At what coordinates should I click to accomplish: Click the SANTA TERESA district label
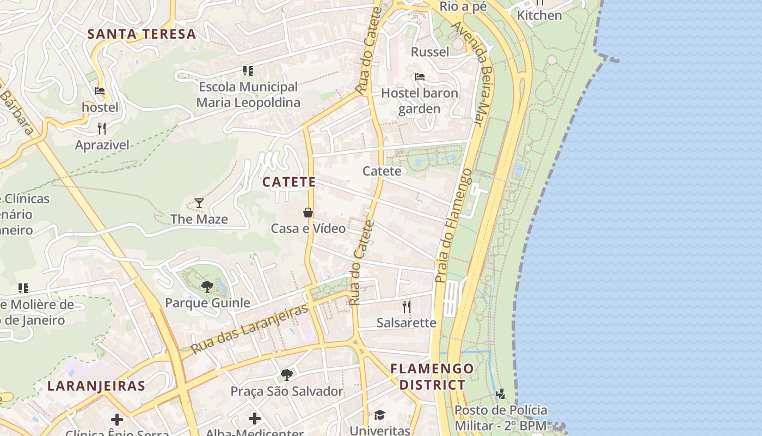[x=142, y=34]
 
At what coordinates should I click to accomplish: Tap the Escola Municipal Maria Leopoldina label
[x=248, y=94]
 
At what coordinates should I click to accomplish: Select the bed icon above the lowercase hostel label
[x=100, y=91]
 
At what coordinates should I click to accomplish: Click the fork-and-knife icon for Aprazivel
[x=102, y=129]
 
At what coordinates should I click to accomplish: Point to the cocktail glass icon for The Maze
[x=199, y=203]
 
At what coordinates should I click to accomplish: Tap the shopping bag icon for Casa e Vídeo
[x=308, y=213]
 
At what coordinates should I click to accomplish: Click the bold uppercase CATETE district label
[x=289, y=182]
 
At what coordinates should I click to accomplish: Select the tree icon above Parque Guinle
[x=207, y=287]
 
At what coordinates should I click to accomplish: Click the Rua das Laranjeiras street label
[x=250, y=328]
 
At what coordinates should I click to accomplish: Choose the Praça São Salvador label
[x=287, y=391]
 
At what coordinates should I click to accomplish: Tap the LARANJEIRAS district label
[x=96, y=386]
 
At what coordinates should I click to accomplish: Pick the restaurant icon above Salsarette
[x=406, y=306]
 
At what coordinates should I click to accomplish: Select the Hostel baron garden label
[x=419, y=101]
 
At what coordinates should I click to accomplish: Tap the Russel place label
[x=430, y=52]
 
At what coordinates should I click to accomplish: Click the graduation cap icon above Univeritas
[x=379, y=415]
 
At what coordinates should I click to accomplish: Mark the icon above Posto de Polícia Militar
[x=501, y=393]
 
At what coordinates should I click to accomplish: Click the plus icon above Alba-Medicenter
[x=255, y=419]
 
